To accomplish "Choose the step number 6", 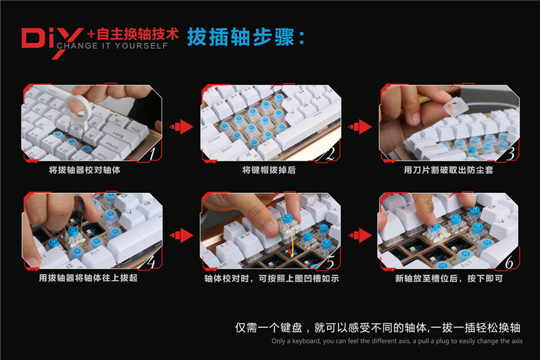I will tap(509, 260).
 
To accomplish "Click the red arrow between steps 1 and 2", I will tap(181, 126).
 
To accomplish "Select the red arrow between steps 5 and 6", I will tap(362, 234).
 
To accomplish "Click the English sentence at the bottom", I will tap(396, 341).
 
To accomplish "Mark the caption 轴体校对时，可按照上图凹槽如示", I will tap(271, 278).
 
